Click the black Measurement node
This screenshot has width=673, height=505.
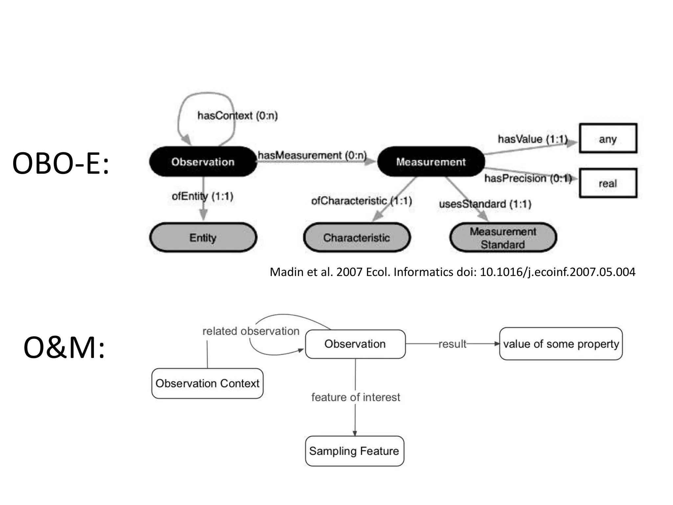click(x=431, y=161)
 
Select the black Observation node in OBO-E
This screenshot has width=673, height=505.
click(x=203, y=161)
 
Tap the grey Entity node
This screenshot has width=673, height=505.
click(x=203, y=237)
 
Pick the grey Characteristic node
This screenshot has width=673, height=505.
click(x=357, y=237)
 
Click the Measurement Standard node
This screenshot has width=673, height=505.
click(x=503, y=238)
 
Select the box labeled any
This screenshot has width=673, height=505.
click(x=608, y=138)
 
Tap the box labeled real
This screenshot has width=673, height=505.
click(x=608, y=183)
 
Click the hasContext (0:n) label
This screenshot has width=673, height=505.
click(x=237, y=116)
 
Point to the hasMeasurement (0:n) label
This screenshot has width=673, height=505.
click(x=312, y=155)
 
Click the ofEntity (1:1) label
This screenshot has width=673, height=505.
click(x=202, y=196)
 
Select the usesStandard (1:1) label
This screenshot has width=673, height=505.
click(x=485, y=204)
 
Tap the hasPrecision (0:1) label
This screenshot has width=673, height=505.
click(x=528, y=178)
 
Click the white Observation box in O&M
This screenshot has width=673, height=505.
click(x=355, y=344)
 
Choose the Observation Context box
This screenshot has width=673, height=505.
click(x=207, y=383)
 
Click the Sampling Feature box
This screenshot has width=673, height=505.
click(x=354, y=451)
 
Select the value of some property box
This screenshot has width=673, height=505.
click(x=561, y=344)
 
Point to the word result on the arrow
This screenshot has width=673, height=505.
click(x=452, y=344)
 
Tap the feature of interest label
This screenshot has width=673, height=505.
click(x=356, y=397)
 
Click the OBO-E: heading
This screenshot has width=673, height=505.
click(x=60, y=163)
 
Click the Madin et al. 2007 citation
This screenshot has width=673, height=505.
click(x=452, y=272)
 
